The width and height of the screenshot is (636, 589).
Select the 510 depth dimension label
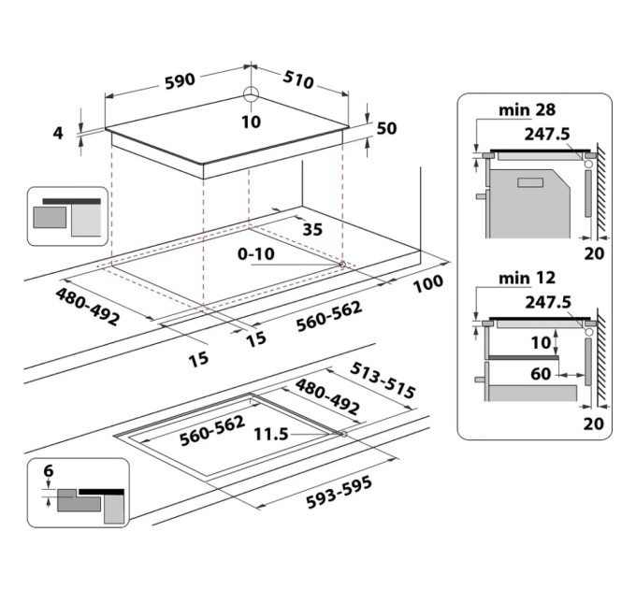click(x=297, y=81)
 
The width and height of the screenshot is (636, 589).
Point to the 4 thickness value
click(x=58, y=133)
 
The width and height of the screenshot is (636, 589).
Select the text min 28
click(x=525, y=111)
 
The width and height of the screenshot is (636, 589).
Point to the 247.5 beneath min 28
click(x=547, y=135)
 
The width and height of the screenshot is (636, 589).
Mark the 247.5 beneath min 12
click(x=547, y=303)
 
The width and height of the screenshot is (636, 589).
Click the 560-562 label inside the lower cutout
click(x=187, y=434)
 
